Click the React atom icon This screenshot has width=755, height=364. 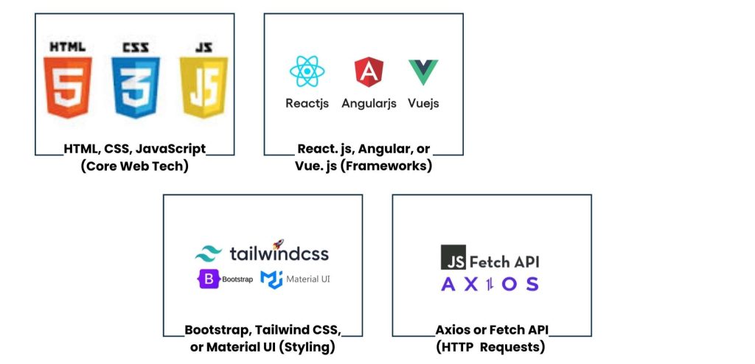coord(307,72)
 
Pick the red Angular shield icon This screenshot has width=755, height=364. coord(369,72)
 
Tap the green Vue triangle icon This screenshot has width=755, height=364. coord(423,71)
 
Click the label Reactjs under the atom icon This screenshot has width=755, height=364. coord(307,103)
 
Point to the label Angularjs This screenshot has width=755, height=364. coord(369,103)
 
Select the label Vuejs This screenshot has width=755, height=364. coord(423,103)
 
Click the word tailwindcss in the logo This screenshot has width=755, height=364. coord(279,254)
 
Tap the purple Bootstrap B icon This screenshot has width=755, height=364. coord(206,279)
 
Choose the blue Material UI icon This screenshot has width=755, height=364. coord(271,279)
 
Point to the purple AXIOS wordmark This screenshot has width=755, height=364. coord(490,284)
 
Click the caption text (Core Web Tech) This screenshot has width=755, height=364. coord(135,166)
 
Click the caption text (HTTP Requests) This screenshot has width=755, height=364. coord(492,346)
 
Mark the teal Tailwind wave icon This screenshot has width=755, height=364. coord(209,254)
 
